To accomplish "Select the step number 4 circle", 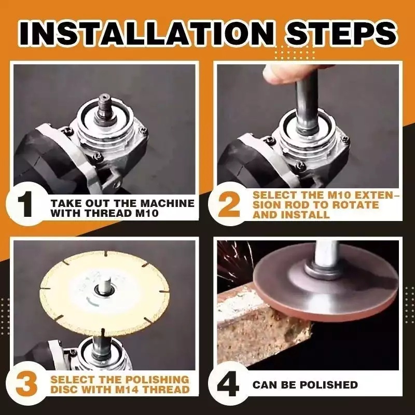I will (229, 384).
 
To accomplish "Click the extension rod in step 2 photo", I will (306, 104).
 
